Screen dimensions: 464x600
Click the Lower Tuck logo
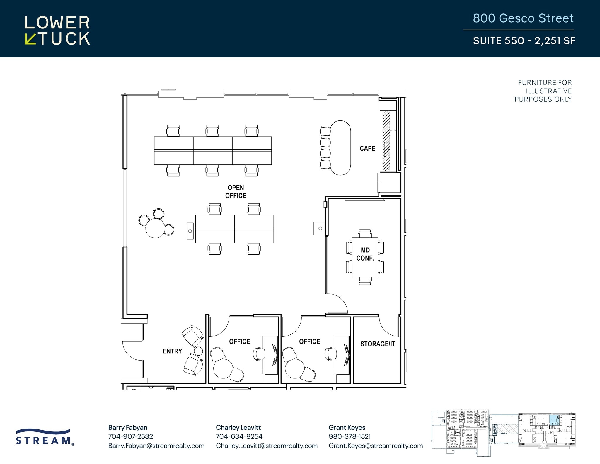click(57, 30)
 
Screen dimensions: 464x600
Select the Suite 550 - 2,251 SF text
click(524, 40)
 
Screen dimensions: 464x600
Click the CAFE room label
click(367, 148)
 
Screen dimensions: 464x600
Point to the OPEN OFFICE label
click(236, 192)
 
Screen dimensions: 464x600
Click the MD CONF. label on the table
click(365, 254)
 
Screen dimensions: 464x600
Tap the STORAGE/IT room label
click(378, 344)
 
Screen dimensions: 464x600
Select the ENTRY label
click(172, 351)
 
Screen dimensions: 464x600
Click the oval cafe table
click(340, 148)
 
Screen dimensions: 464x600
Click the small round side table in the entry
click(198, 351)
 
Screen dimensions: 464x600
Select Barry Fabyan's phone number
click(130, 436)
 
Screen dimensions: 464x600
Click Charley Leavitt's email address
click(267, 446)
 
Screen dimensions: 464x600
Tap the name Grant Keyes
click(347, 427)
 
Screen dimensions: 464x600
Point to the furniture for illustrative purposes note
click(543, 91)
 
